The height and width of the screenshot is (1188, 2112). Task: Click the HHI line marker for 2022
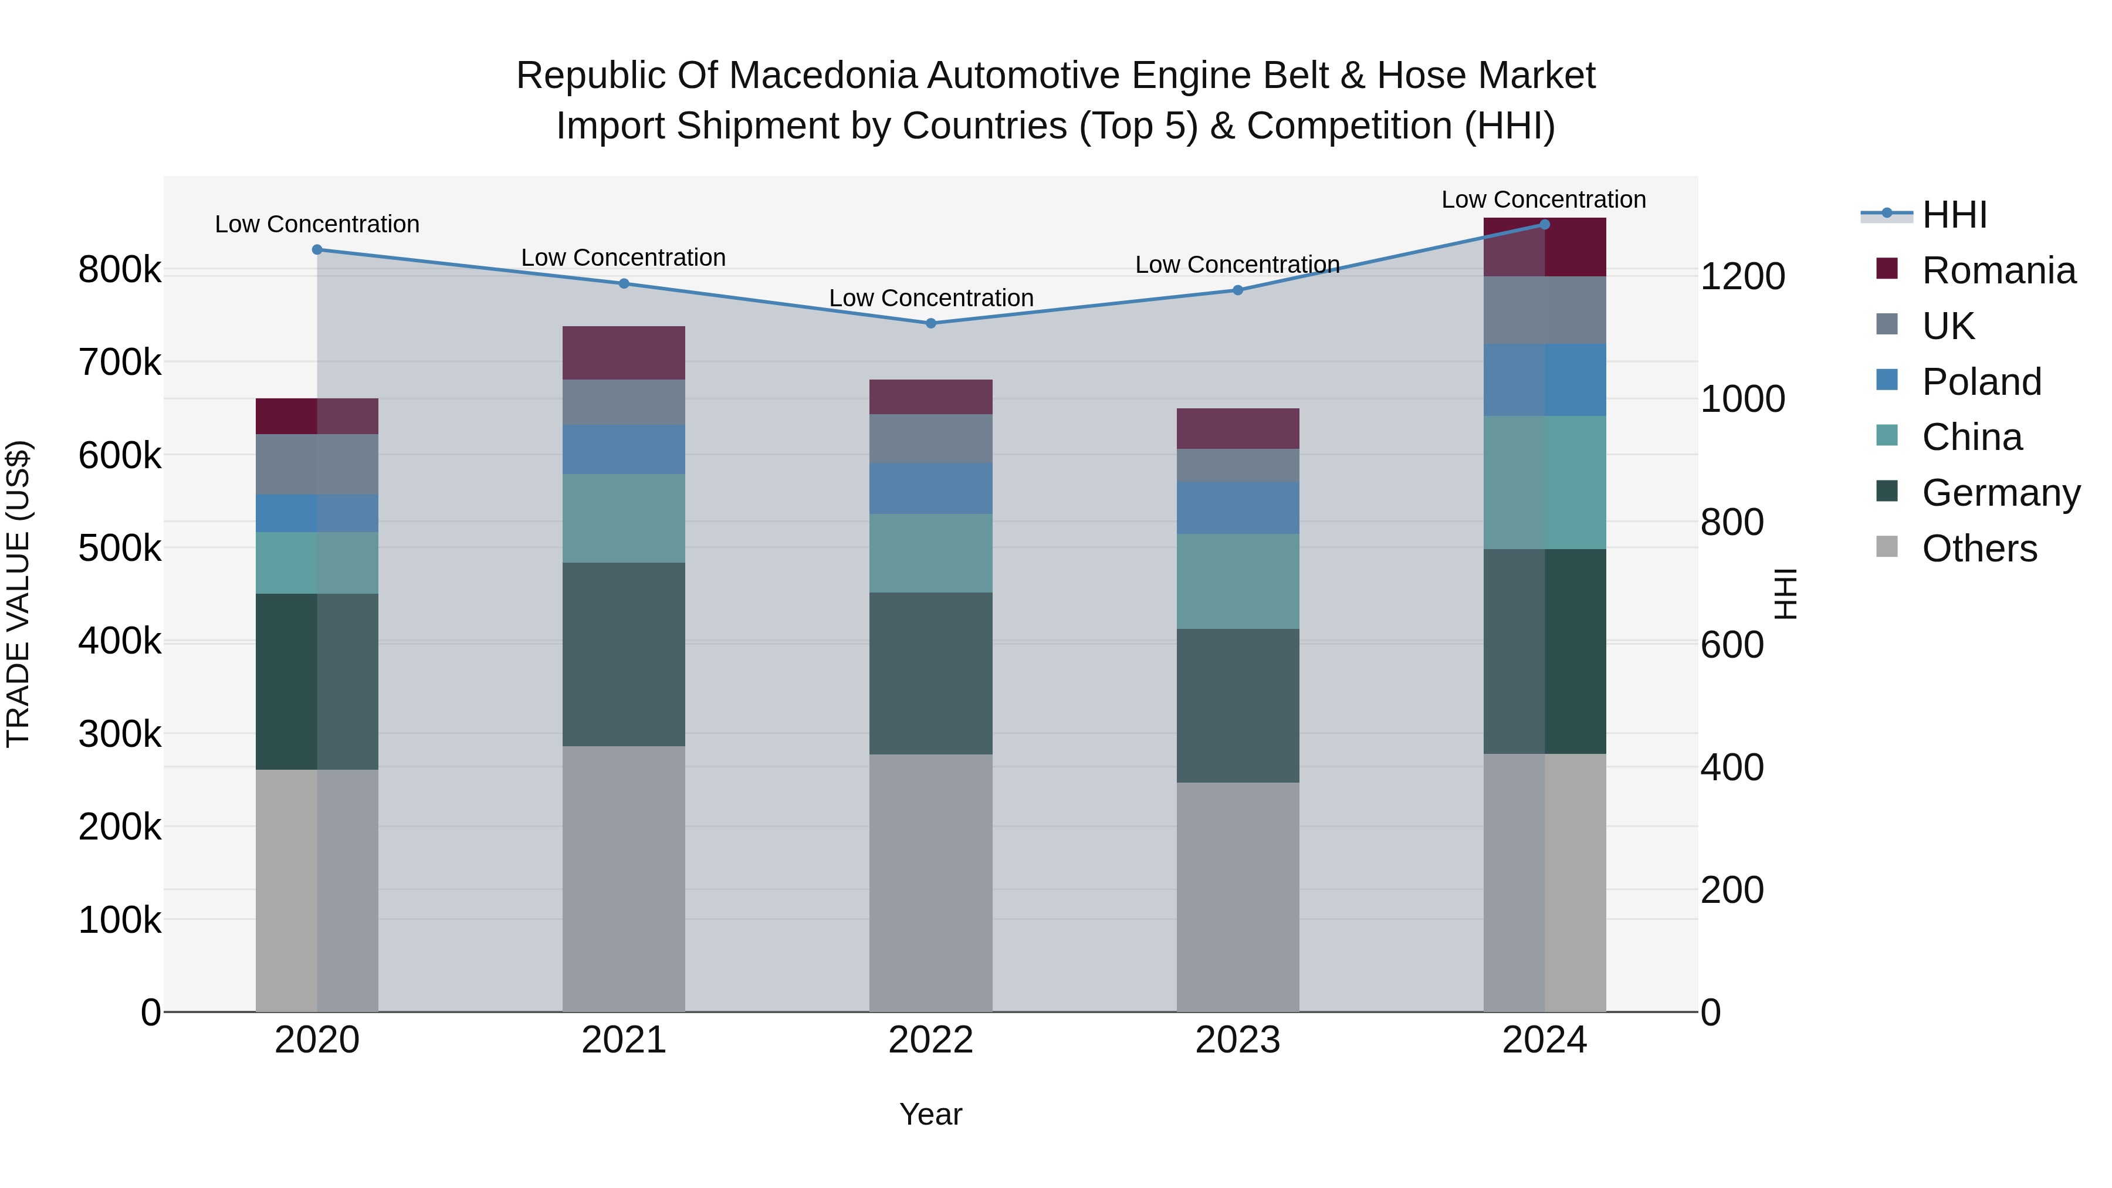(930, 323)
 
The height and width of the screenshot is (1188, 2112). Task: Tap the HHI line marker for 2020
(317, 249)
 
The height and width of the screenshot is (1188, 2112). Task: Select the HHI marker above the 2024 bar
(1545, 224)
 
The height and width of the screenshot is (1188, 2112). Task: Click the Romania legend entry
(1997, 270)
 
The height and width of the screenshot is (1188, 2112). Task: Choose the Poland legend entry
(1980, 381)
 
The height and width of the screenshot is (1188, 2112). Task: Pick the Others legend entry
(1978, 549)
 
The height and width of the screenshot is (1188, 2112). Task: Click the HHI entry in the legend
(1954, 215)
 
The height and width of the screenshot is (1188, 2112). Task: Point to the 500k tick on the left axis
(120, 548)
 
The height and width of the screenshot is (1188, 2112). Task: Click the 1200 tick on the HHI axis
(1742, 276)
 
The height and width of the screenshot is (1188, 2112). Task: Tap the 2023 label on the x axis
(1237, 1040)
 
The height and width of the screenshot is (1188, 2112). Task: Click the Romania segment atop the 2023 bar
(1237, 428)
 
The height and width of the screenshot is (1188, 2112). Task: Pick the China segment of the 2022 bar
(930, 553)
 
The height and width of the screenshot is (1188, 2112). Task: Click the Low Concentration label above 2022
(930, 297)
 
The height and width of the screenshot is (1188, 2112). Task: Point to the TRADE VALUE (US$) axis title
(18, 594)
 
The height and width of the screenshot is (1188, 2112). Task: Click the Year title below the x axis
(930, 1114)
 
